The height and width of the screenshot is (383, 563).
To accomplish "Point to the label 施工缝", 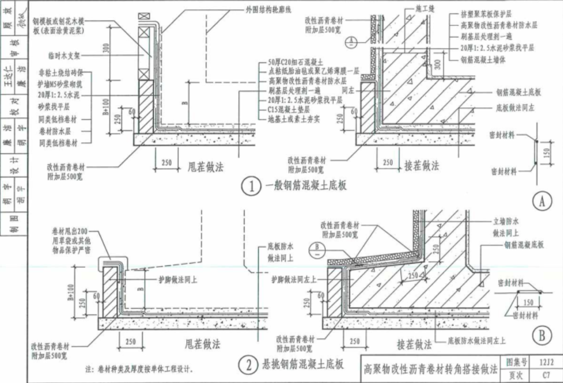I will click(x=425, y=8).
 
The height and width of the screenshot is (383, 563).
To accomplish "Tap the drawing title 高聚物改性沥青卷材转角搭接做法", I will click(x=430, y=369).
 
